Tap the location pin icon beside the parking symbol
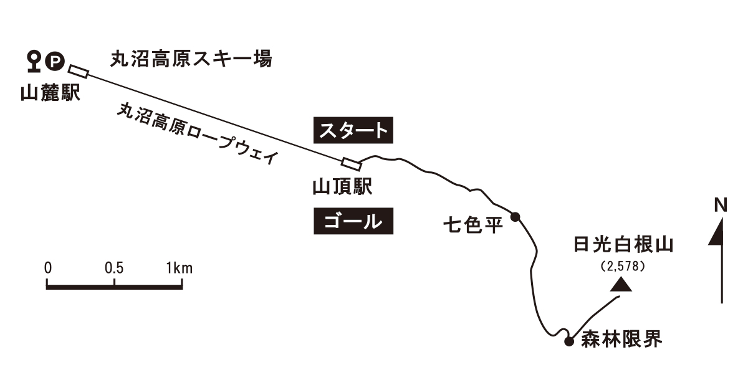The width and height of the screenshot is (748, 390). coord(36,60)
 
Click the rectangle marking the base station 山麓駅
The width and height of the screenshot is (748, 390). coord(79,71)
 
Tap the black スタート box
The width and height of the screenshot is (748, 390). coord(353,131)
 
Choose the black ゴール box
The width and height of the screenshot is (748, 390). coord(353,221)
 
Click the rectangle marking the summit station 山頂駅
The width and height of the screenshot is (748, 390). coord(352,164)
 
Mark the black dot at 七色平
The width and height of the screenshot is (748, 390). coord(515,217)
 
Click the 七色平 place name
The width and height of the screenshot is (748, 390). coord(472,224)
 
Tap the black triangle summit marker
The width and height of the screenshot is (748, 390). coord(620,285)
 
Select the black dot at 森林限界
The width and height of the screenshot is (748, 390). coord(568,341)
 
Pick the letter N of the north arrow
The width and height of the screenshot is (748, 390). coord(721,204)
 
